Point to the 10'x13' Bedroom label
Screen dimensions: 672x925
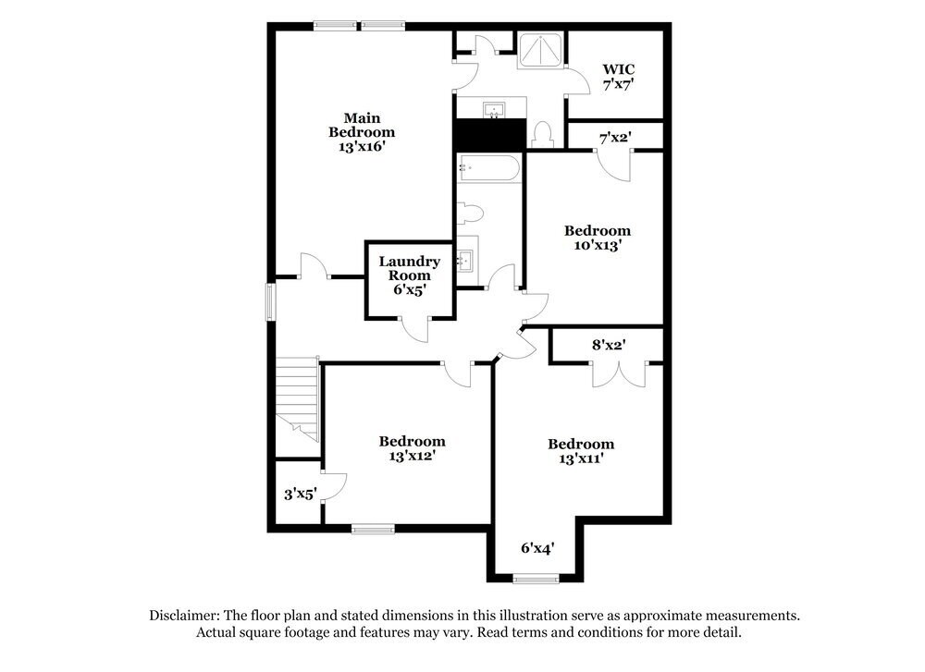598,238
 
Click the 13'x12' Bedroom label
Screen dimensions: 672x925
412,448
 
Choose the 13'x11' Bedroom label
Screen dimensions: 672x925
580,450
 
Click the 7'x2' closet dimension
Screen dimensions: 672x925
615,138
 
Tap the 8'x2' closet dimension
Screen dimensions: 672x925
610,345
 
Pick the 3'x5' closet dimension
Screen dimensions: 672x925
301,495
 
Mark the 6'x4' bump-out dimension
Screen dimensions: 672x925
536,548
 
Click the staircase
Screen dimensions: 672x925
298,397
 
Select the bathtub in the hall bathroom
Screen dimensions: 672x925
488,168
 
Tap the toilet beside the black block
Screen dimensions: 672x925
543,135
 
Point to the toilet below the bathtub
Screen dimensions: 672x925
471,214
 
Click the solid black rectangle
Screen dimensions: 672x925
489,135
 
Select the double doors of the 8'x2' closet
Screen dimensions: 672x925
618,372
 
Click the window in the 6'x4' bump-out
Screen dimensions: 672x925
536,580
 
